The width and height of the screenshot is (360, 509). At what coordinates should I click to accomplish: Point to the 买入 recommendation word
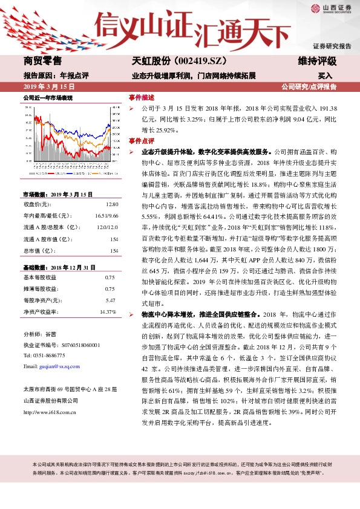click(x=325, y=76)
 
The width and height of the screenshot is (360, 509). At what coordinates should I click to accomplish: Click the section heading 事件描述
click(x=142, y=97)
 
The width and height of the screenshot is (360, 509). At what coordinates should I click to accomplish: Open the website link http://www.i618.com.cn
click(x=49, y=412)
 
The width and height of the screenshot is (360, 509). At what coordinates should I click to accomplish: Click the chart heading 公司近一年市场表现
click(x=48, y=97)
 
